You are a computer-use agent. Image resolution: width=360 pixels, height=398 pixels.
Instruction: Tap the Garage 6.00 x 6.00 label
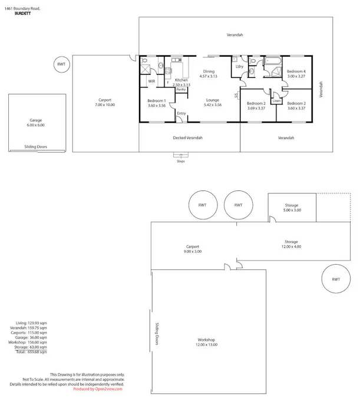[x=36, y=123]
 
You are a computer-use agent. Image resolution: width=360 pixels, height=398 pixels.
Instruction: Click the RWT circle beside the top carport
[x=61, y=64]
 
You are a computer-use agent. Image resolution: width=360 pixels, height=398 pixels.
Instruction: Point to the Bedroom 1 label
[x=157, y=103]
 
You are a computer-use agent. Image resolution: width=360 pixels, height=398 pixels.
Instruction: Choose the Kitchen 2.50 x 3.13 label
[x=181, y=82]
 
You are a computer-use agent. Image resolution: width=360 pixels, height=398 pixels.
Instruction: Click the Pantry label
[x=181, y=89]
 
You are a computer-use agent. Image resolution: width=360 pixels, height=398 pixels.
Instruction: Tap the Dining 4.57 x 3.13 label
[x=208, y=74]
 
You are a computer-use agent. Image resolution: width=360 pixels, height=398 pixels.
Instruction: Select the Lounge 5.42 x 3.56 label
[x=212, y=102]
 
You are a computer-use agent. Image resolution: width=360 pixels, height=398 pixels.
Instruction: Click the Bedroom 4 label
[x=296, y=73]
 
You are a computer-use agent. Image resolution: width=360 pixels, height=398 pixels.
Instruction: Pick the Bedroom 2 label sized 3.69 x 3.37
[x=256, y=106]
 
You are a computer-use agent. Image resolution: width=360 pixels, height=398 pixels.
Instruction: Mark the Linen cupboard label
[x=276, y=101]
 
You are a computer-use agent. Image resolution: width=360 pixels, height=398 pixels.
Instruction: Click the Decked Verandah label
[x=189, y=137]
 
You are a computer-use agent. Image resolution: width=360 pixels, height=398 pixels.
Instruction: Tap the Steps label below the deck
[x=180, y=160]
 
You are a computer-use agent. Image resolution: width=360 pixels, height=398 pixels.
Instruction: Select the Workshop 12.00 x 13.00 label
[x=206, y=342]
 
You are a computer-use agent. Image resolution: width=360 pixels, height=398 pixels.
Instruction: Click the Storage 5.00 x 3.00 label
[x=292, y=208]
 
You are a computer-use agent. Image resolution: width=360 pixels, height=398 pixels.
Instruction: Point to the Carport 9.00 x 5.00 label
[x=193, y=249]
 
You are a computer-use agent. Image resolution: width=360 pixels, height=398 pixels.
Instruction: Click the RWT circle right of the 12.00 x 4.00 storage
[x=335, y=279]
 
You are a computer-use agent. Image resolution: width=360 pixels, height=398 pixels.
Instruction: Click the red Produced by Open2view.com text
[x=98, y=389]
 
